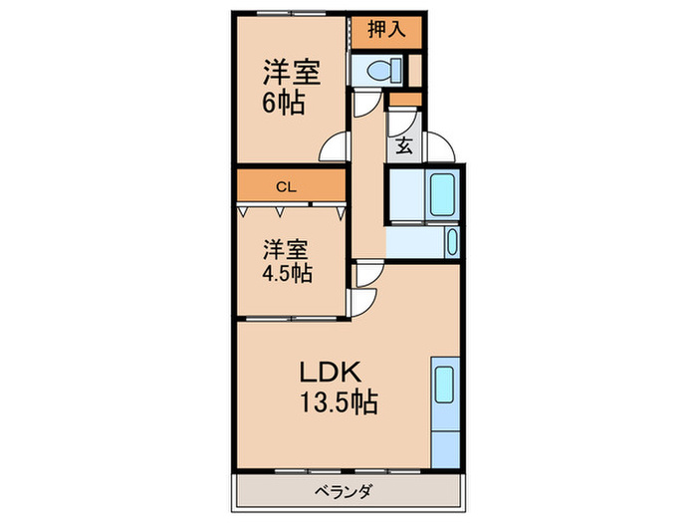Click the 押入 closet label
tap(386, 30)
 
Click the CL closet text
tap(286, 185)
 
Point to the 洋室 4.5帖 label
tap(285, 260)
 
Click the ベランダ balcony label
tap(344, 491)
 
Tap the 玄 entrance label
tap(404, 145)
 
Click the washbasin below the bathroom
tap(452, 243)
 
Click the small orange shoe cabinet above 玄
tap(405, 99)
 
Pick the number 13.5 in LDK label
tap(329, 403)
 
